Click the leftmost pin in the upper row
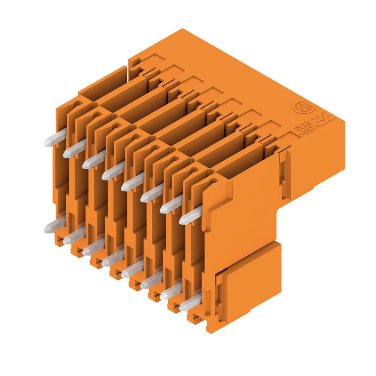(x=55, y=139)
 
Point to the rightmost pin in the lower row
(x=189, y=303)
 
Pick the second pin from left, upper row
(x=74, y=149)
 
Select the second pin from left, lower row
(x=74, y=236)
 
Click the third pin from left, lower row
(x=93, y=248)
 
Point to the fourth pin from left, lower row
(x=112, y=258)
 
